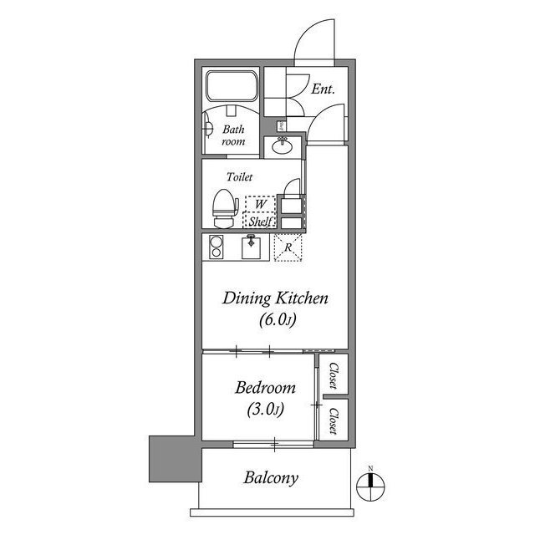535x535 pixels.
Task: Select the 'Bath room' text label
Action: pos(233,135)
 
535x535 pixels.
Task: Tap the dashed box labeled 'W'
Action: pos(260,204)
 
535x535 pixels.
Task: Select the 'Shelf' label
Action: pos(260,222)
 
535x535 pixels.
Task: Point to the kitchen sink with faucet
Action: pos(251,247)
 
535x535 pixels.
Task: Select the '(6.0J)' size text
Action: pos(272,321)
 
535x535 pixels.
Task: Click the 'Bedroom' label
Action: pos(265,388)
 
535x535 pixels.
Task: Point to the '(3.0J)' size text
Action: pos(265,410)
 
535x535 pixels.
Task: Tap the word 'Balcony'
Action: pos(271,479)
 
